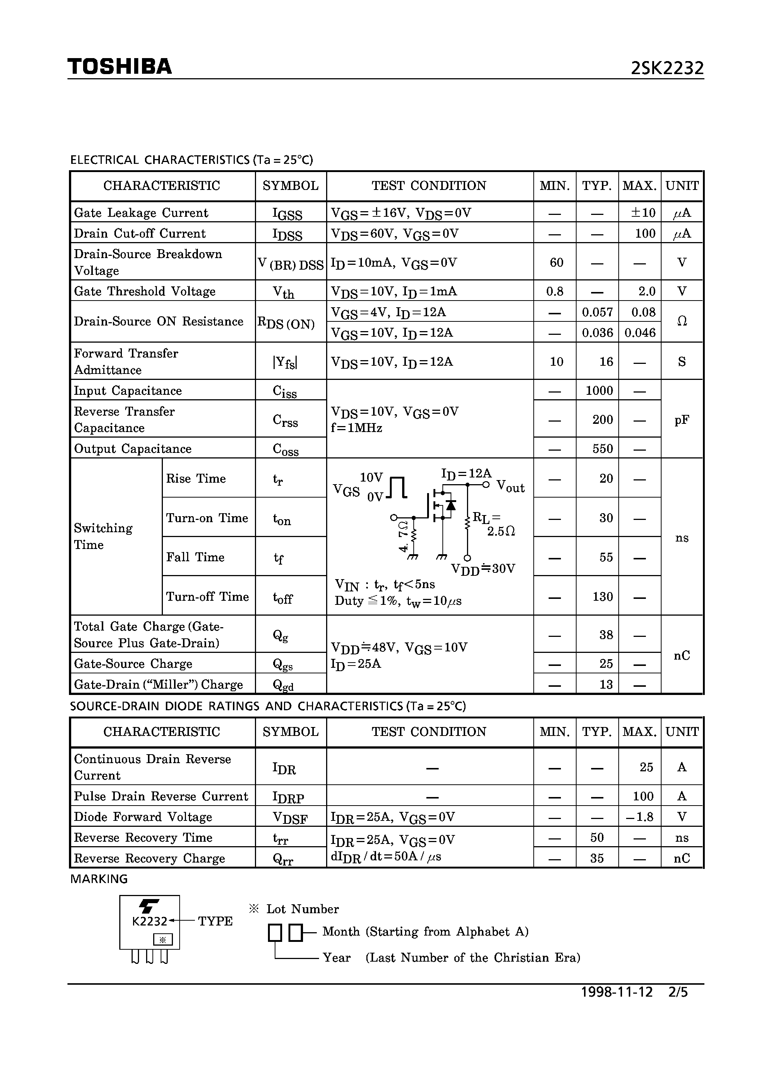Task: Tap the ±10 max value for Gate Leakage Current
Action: point(643,213)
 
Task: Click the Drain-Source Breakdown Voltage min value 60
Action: point(556,262)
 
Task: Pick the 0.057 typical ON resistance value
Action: point(597,312)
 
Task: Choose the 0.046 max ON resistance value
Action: point(640,333)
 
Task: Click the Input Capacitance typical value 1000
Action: point(599,390)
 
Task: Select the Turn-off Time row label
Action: point(207,596)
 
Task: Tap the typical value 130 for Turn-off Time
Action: point(602,596)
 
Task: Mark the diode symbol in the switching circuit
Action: point(451,505)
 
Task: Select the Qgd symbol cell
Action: point(283,685)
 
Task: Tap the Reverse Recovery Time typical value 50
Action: point(597,838)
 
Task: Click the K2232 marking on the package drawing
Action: point(149,921)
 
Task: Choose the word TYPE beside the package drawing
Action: point(215,921)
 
